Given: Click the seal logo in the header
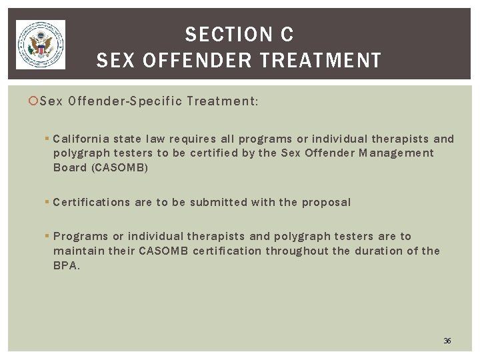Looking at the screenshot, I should click(40, 44).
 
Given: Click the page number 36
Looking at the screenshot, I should click(447, 341).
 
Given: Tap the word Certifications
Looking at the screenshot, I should click(91, 201).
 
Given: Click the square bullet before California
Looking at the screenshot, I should click(47, 139).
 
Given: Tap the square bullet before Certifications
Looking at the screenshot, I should click(47, 201).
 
